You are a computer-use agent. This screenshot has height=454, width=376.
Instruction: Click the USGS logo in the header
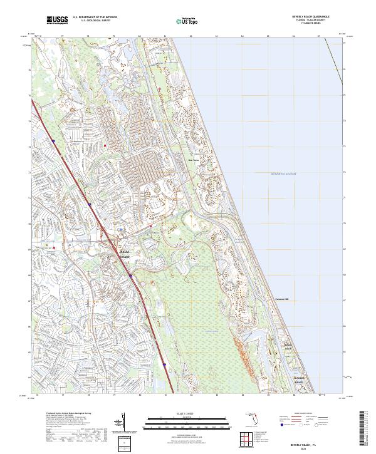pyautogui.click(x=57, y=20)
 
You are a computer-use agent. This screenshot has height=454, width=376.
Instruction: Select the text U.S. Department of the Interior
pyautogui.click(x=95, y=17)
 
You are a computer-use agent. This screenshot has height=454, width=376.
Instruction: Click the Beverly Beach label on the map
pyautogui.click(x=286, y=346)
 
